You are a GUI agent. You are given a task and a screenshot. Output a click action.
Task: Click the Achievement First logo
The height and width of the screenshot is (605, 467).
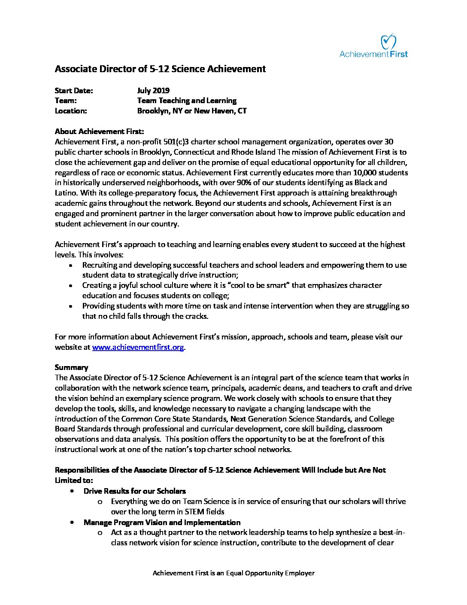point(373,46)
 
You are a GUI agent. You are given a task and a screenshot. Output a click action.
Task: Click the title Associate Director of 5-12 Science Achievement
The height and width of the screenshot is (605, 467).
point(160,69)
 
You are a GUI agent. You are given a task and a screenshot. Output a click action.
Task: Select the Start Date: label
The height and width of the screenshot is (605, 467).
point(74,90)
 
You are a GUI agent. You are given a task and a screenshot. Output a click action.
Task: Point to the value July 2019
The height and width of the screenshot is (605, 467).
point(153,90)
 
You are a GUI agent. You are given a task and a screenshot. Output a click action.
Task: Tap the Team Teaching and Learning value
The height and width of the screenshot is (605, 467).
point(187,101)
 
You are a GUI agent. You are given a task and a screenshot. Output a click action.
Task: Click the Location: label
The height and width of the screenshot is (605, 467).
point(71,111)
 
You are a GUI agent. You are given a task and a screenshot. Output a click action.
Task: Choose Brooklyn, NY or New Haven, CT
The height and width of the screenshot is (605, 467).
point(192,111)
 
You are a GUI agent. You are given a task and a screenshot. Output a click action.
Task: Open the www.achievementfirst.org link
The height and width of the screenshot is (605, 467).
point(138,347)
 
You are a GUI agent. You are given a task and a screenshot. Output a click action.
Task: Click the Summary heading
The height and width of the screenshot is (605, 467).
point(71,367)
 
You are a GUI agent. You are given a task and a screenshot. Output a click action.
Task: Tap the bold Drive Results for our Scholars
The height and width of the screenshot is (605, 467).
point(135,491)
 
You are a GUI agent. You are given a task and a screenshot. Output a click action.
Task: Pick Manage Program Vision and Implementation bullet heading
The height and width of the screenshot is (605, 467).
point(162,522)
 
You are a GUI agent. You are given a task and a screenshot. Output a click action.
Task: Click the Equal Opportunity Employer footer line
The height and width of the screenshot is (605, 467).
point(233,573)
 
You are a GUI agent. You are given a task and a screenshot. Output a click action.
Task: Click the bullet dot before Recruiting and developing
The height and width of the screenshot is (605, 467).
point(71,266)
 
